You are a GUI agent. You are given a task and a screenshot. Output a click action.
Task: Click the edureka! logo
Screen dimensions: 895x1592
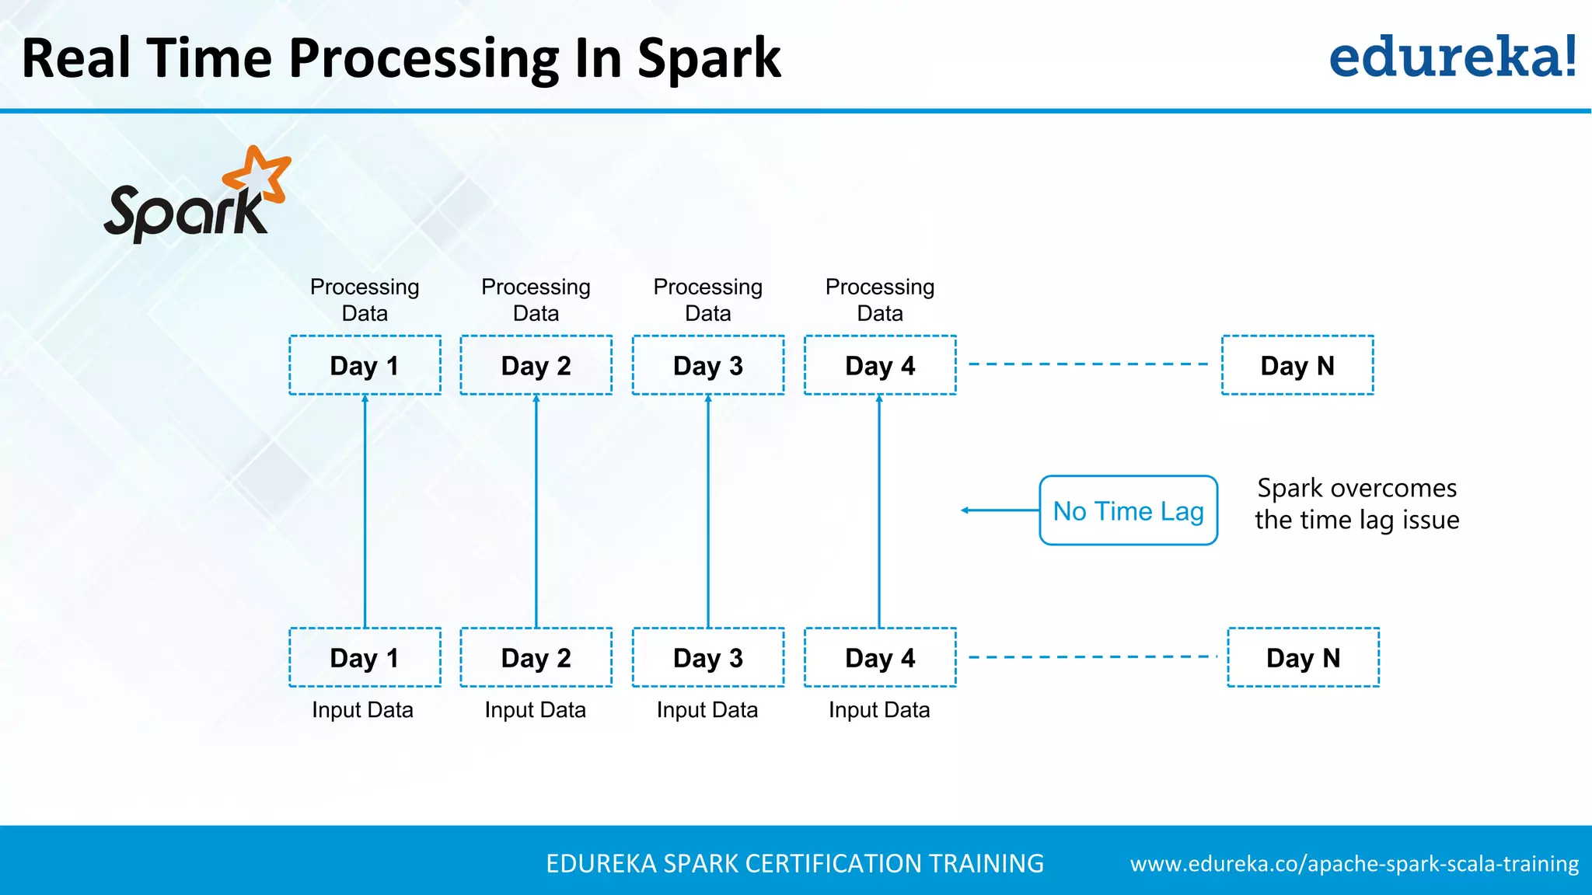[1452, 57]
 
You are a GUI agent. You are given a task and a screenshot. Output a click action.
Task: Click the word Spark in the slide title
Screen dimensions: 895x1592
[708, 59]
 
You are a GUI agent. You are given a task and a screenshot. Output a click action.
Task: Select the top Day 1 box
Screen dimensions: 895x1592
[365, 365]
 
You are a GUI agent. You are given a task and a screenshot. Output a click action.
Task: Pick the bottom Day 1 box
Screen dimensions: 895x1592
[365, 657]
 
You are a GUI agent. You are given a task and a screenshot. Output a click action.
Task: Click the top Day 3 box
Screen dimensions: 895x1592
[708, 365]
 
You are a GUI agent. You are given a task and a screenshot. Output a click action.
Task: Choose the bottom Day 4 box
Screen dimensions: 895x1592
[880, 657]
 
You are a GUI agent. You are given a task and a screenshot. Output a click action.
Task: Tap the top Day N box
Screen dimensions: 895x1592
[1297, 365]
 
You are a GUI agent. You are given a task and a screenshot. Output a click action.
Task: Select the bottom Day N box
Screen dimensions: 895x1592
[1303, 657]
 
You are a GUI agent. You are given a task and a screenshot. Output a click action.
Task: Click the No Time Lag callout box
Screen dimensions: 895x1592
[1128, 510]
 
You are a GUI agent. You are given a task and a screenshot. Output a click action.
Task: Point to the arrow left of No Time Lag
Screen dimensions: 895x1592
[999, 510]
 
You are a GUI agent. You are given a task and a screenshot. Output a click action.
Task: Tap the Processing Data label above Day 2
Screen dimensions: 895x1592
[536, 300]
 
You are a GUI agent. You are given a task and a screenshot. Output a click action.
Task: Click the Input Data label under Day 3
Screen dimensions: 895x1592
[707, 710]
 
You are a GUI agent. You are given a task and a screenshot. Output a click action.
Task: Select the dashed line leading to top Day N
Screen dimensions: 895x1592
[1088, 364]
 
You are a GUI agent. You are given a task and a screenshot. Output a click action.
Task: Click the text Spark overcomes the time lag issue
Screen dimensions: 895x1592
[1356, 503]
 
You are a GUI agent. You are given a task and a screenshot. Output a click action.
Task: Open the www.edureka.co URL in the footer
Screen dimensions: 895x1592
[1354, 864]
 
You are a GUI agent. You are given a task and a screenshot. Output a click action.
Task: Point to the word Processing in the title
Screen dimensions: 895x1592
[424, 59]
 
